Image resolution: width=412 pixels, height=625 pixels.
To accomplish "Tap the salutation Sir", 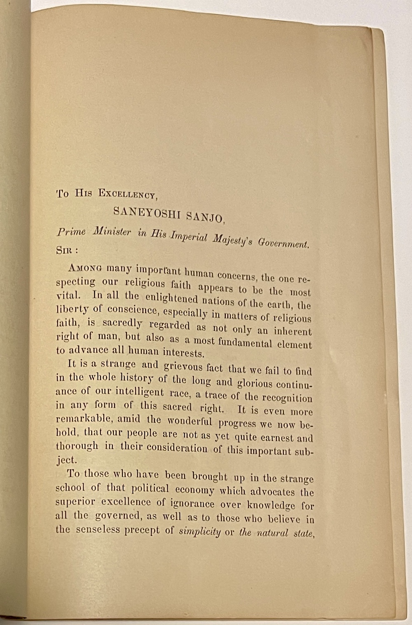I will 66,250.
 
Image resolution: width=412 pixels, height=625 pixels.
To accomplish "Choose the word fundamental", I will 245,343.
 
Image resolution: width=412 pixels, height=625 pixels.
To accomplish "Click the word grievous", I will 183,366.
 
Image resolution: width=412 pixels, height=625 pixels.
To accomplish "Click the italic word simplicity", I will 200,531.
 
